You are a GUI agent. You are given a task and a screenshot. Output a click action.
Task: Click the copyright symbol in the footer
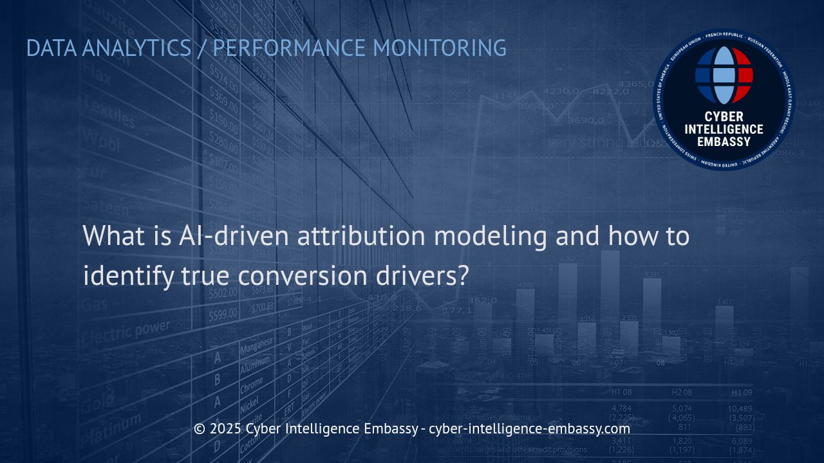(x=200, y=428)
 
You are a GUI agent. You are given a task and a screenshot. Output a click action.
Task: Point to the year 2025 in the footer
(x=225, y=428)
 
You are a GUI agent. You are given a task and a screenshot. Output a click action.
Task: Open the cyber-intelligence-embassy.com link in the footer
(x=529, y=428)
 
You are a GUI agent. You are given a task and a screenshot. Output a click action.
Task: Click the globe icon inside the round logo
(x=724, y=75)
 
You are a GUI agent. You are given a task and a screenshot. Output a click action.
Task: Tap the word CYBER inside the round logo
(x=724, y=116)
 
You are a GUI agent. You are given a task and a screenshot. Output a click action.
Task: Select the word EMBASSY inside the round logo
(x=724, y=141)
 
